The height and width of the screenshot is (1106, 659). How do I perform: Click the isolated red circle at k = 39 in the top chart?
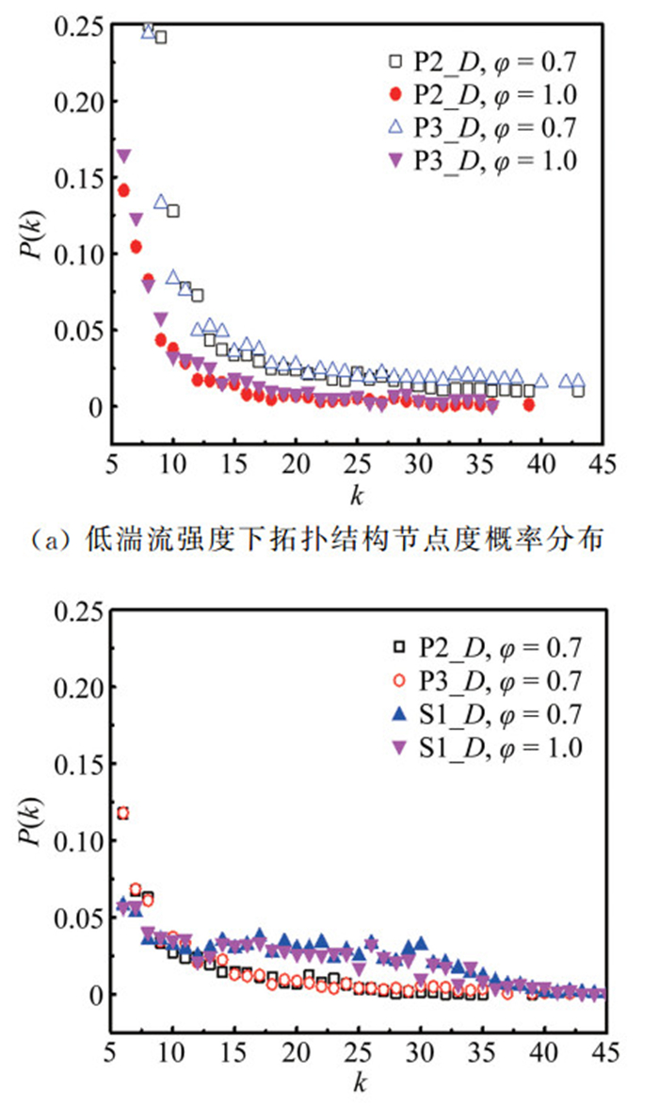point(529,404)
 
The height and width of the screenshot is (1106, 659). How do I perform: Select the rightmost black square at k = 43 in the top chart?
point(578,390)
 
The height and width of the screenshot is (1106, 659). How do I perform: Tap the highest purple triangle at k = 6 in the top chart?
point(123,155)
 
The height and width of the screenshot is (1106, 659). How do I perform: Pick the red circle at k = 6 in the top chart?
point(123,190)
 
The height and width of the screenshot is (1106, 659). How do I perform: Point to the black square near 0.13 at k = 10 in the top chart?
point(173,211)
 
